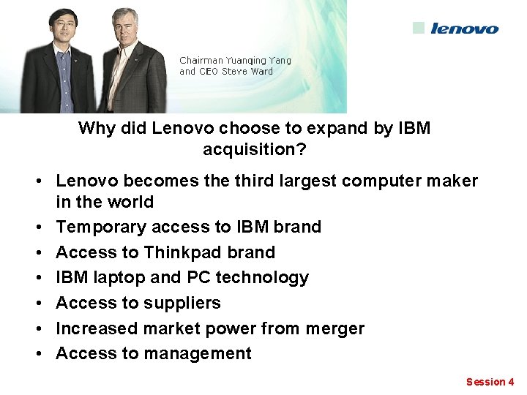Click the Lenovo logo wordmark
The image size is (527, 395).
pyautogui.click(x=464, y=29)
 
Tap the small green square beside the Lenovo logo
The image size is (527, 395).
pyautogui.click(x=418, y=28)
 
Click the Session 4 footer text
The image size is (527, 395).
pyautogui.click(x=490, y=382)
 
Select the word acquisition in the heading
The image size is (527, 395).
pyautogui.click(x=253, y=150)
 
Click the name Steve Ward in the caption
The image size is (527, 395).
pyautogui.click(x=247, y=72)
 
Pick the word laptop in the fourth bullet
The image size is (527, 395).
pyautogui.click(x=119, y=278)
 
